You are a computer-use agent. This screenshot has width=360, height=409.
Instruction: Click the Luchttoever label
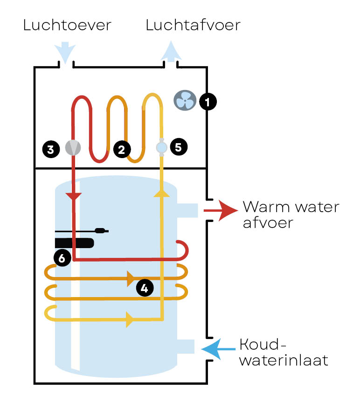point(67,25)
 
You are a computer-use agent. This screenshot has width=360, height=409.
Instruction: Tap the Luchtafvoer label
point(193,25)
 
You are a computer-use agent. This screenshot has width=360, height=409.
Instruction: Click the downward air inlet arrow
point(65,52)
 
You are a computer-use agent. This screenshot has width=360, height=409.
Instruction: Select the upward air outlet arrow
point(171,50)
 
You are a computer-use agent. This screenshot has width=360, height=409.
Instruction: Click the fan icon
point(184,100)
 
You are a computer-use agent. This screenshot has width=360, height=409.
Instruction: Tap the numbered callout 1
point(208,101)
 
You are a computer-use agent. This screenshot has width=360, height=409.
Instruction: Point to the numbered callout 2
point(121,149)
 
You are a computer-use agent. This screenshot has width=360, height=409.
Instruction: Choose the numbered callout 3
point(50,149)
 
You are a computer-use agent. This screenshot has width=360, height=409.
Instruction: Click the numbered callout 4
point(145,288)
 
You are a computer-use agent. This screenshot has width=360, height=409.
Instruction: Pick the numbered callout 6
point(62,257)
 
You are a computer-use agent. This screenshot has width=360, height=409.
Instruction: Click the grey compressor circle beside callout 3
point(73,147)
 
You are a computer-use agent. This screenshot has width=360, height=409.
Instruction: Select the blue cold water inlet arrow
point(218,348)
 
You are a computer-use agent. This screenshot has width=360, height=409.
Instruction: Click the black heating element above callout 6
point(75,243)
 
